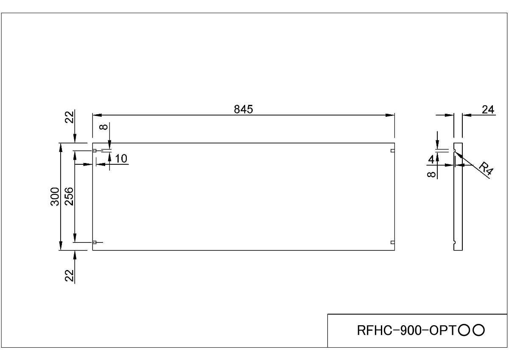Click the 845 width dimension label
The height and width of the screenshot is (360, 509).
click(243, 110)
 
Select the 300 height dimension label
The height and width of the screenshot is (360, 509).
click(55, 196)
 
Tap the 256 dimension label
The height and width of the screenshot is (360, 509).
click(69, 196)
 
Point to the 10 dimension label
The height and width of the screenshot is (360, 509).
click(121, 159)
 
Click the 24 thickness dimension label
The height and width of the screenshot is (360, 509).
click(488, 110)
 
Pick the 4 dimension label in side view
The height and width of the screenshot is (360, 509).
click(431, 160)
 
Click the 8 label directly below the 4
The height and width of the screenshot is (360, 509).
click(431, 174)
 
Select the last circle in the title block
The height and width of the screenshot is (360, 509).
click(479, 330)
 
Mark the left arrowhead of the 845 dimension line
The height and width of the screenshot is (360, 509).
click(96, 115)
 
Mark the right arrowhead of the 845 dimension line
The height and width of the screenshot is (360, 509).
click(392, 115)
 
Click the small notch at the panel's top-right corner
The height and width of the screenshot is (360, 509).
click(393, 151)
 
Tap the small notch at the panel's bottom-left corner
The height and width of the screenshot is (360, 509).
click(95, 242)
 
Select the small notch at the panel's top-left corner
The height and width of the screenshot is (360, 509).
click(95, 151)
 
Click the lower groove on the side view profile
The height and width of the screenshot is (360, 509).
click(455, 242)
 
